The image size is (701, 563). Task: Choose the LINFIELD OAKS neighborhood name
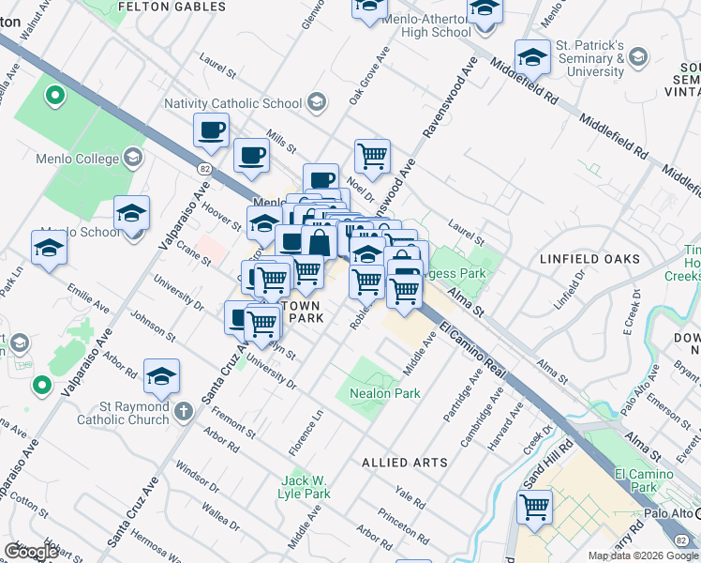[589, 257]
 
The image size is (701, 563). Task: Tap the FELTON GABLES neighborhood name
[172, 7]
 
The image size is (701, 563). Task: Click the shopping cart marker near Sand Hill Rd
[534, 508]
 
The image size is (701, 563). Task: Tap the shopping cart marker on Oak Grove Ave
[372, 156]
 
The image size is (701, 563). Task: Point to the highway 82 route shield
[204, 168]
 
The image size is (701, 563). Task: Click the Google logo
[32, 552]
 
